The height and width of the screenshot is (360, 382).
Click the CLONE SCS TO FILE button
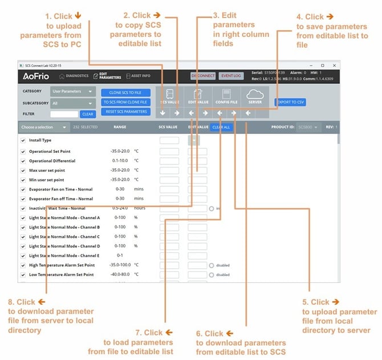(x=126, y=92)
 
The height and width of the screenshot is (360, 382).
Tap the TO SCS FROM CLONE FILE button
(x=126, y=102)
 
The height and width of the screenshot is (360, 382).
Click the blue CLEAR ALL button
(x=221, y=127)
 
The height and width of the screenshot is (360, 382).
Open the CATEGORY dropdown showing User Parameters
(x=73, y=91)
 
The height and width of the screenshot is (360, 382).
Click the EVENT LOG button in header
(x=231, y=75)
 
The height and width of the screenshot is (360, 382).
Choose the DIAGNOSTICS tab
(x=74, y=75)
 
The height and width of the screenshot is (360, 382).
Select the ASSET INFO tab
(x=137, y=75)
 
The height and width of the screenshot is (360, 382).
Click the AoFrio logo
(x=36, y=76)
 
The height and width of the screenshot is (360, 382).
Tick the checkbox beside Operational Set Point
(x=23, y=151)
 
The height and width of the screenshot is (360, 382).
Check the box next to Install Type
(x=23, y=140)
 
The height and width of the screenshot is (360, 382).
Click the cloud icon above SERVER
(x=255, y=95)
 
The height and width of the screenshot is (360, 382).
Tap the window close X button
(x=334, y=65)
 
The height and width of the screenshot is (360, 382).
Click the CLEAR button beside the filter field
(x=87, y=114)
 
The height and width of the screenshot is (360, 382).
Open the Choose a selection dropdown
(x=44, y=127)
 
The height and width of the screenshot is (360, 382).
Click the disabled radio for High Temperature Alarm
(x=211, y=265)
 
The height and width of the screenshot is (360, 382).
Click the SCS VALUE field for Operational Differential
(x=169, y=161)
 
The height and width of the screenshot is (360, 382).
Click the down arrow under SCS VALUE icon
(x=163, y=113)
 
